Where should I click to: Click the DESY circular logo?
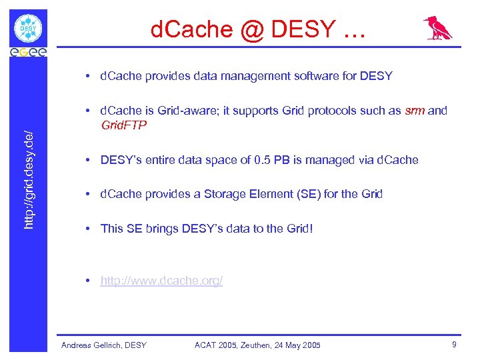(x=28, y=29)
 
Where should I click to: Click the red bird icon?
(x=438, y=29)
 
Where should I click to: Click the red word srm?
(x=414, y=111)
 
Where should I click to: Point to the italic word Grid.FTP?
(x=123, y=125)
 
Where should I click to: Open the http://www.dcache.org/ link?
(x=161, y=281)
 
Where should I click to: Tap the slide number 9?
(x=454, y=345)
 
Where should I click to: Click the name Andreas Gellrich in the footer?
(x=91, y=345)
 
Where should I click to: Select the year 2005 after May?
(x=310, y=345)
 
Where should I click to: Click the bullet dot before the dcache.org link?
(x=88, y=281)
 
